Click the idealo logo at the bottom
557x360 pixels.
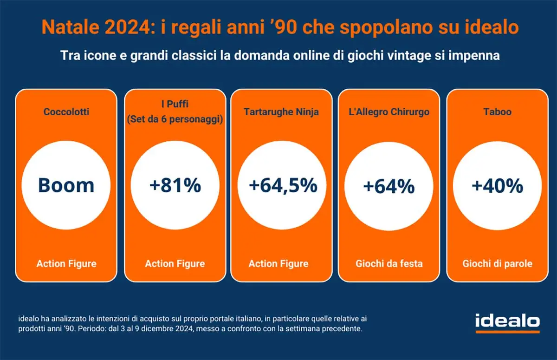(x=507, y=321)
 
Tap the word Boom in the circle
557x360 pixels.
(x=66, y=185)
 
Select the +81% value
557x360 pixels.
(x=175, y=185)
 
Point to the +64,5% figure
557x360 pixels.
(x=283, y=185)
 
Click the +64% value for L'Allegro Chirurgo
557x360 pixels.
(x=389, y=186)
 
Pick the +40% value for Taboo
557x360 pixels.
(x=497, y=186)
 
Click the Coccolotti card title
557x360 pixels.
(x=66, y=112)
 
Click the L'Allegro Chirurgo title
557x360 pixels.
(x=389, y=112)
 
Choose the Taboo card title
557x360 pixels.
(x=497, y=112)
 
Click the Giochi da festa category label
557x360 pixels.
(x=389, y=264)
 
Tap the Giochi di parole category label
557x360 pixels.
(x=497, y=264)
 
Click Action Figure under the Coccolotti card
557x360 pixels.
(x=66, y=264)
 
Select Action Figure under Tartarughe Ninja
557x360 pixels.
(x=278, y=264)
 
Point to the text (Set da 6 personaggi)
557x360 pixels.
(x=175, y=119)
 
